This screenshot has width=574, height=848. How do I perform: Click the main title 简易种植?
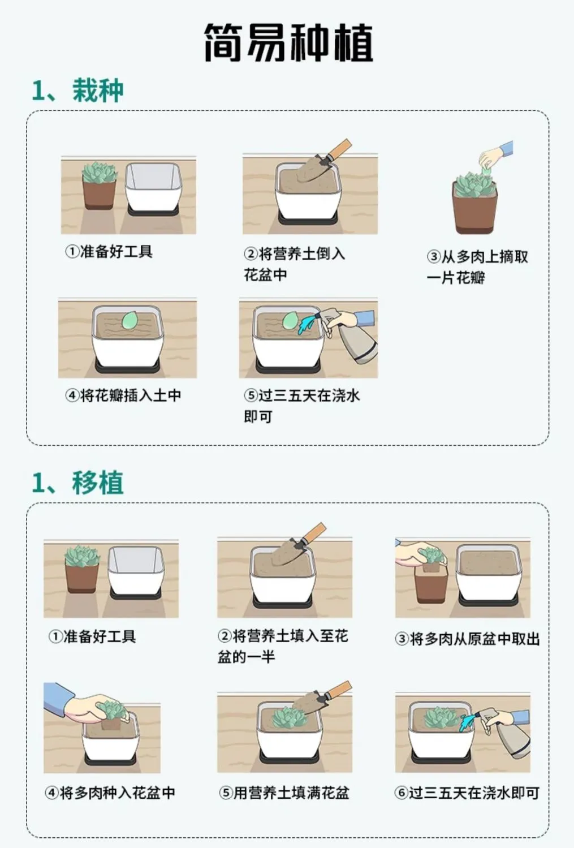pyautogui.click(x=289, y=42)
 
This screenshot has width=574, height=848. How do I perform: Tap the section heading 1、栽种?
pyautogui.click(x=78, y=91)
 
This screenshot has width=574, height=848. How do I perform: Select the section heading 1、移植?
pyautogui.click(x=78, y=483)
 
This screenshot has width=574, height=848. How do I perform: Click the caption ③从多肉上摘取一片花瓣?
pyautogui.click(x=477, y=267)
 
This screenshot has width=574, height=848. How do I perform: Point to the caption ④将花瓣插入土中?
pyautogui.click(x=123, y=395)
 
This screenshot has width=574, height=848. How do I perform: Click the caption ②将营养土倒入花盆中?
pyautogui.click(x=295, y=264)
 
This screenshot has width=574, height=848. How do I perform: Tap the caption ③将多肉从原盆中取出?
pyautogui.click(x=467, y=639)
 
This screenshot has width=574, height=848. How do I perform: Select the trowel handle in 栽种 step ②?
pyautogui.click(x=339, y=149)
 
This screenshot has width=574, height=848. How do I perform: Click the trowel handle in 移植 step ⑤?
pyautogui.click(x=339, y=690)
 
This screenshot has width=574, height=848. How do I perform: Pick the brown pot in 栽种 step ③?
pyautogui.click(x=475, y=208)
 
